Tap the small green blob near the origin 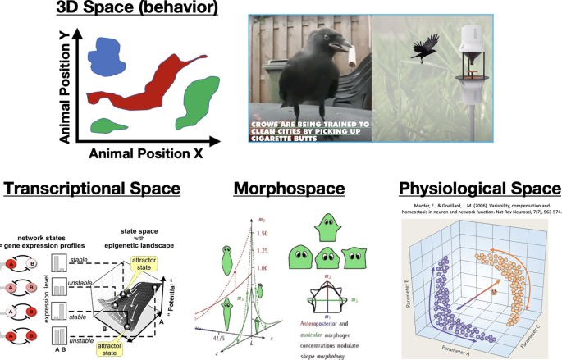105,125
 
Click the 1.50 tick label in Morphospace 263,234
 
